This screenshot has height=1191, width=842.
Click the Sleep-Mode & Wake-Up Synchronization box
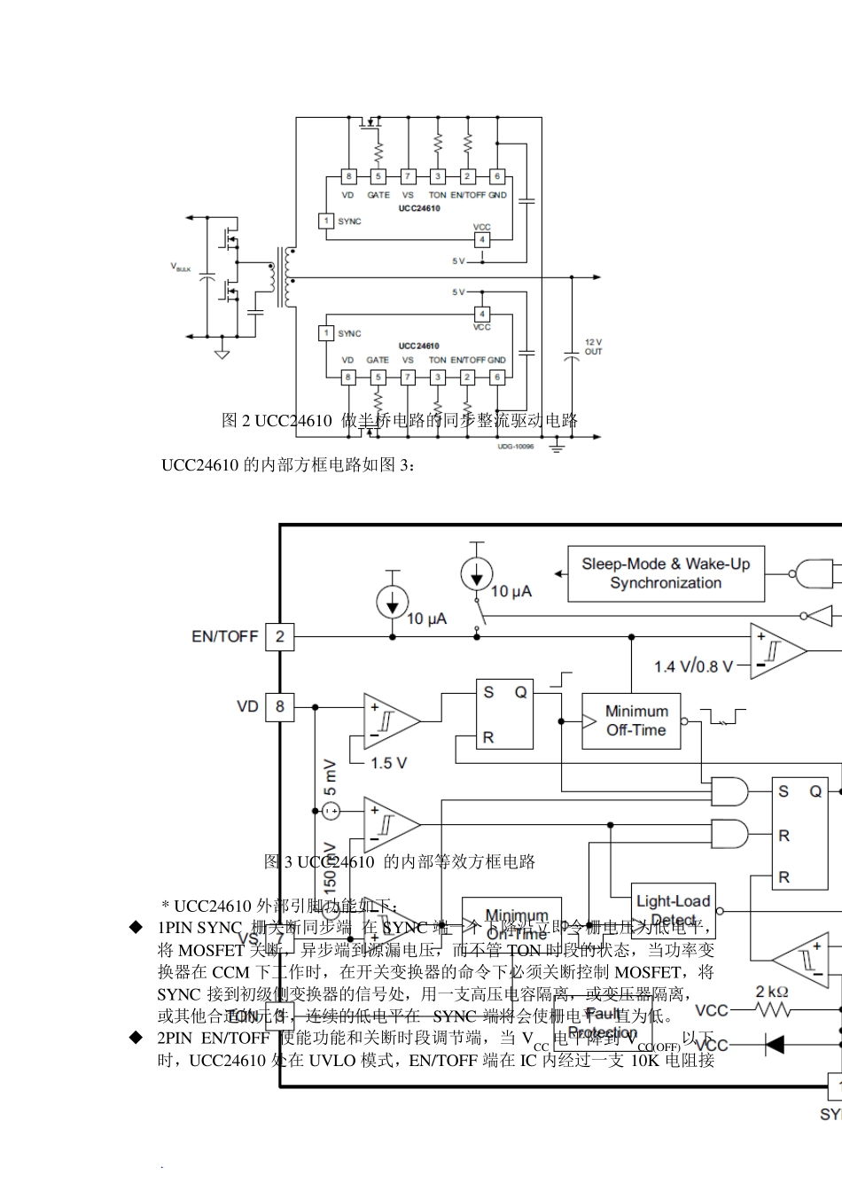pyautogui.click(x=666, y=573)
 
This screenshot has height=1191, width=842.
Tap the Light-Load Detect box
pyautogui.click(x=673, y=910)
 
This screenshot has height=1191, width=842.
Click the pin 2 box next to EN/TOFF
pyautogui.click(x=280, y=636)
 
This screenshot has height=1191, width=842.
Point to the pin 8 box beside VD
pyautogui.click(x=280, y=706)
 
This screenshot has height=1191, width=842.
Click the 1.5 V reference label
pyautogui.click(x=388, y=763)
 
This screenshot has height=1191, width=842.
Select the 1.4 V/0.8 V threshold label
pyautogui.click(x=694, y=666)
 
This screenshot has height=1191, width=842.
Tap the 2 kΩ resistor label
pyautogui.click(x=772, y=992)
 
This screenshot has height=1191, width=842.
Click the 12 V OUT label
pyautogui.click(x=593, y=346)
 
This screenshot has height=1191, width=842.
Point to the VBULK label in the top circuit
pyautogui.click(x=181, y=267)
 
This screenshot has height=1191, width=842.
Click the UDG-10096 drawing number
pyautogui.click(x=516, y=448)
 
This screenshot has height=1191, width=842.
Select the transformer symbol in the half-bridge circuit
pyautogui.click(x=286, y=276)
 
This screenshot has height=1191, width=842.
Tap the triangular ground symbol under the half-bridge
pyautogui.click(x=222, y=354)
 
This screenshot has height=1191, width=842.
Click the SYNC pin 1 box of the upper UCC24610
pyautogui.click(x=326, y=221)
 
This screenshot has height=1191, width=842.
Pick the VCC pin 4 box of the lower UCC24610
pyautogui.click(x=482, y=314)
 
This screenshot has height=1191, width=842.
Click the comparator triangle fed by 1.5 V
pyautogui.click(x=391, y=721)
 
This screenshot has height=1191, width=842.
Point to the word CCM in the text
pyautogui.click(x=230, y=972)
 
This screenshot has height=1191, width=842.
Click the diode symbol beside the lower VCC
pyautogui.click(x=774, y=1046)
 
